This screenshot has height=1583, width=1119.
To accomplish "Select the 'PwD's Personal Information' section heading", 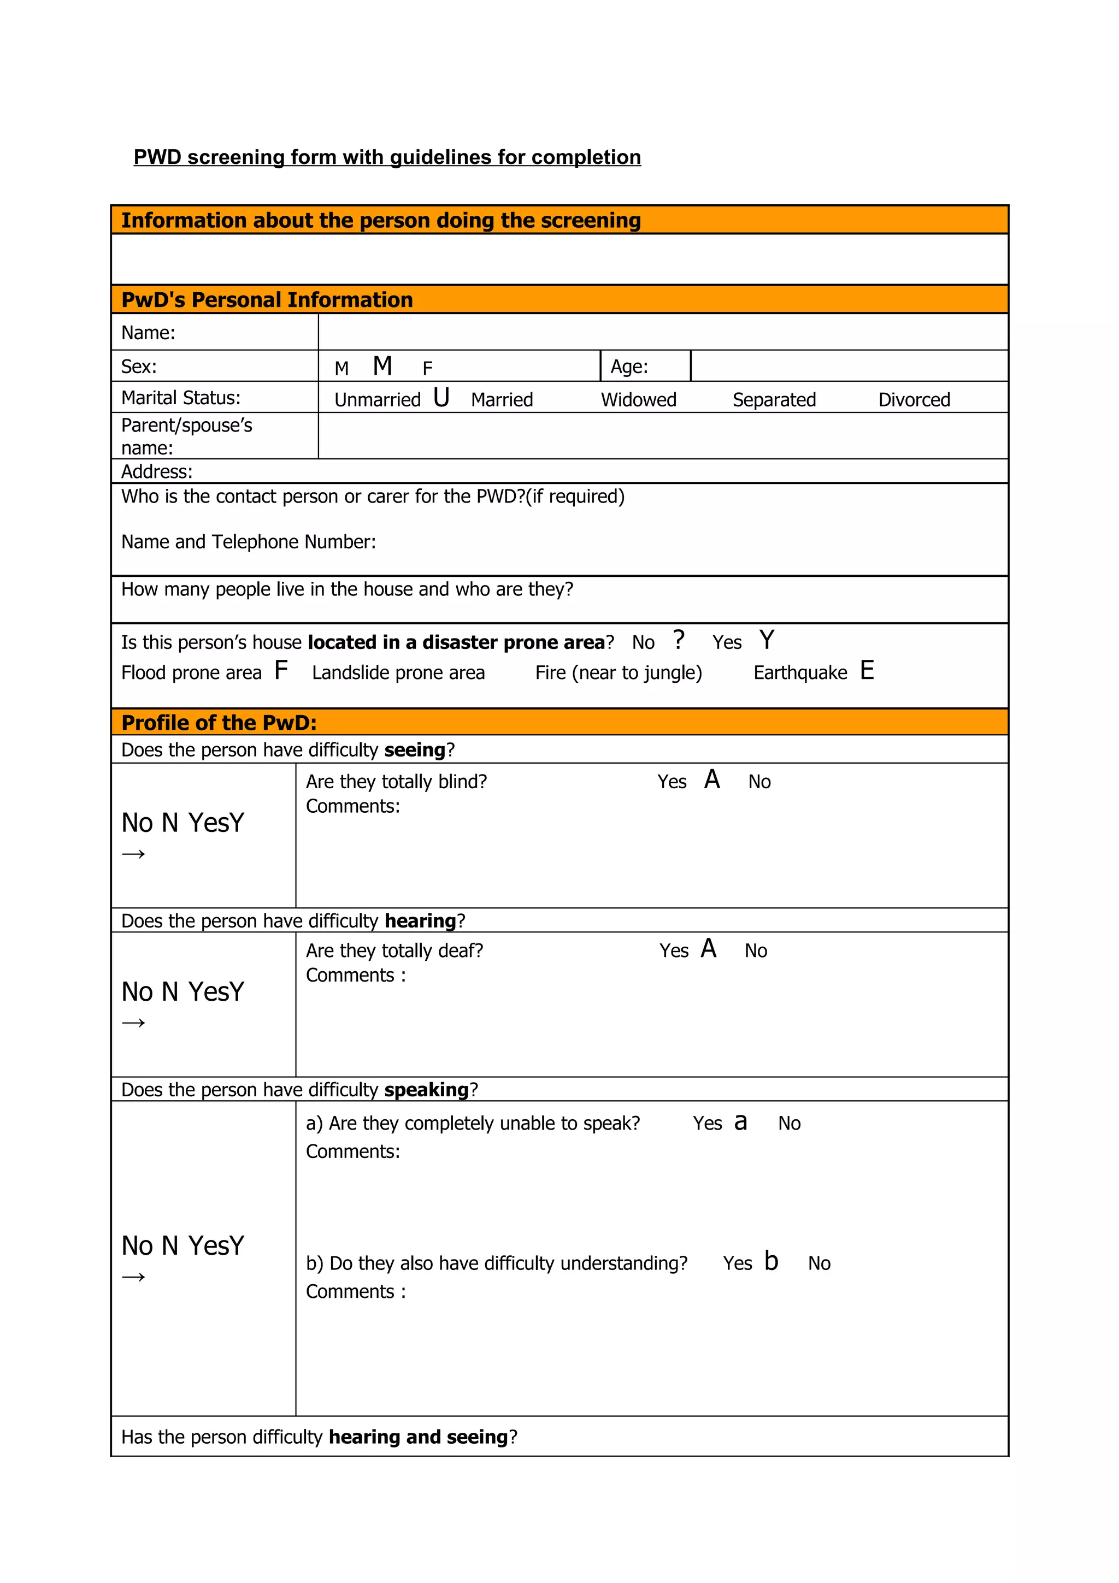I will (x=267, y=300).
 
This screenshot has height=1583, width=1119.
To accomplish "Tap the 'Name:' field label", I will (x=148, y=333).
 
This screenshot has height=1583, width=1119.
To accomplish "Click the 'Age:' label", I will (x=629, y=367).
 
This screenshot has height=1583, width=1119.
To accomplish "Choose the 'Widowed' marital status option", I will (x=638, y=400).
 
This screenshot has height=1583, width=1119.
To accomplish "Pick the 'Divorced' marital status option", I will (x=914, y=400).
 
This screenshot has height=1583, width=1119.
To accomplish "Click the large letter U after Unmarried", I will (x=441, y=398).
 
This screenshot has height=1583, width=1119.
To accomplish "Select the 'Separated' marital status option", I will (x=774, y=400).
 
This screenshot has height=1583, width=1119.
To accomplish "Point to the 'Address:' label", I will (x=156, y=471).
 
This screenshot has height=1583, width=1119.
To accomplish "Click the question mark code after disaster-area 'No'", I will (x=679, y=640).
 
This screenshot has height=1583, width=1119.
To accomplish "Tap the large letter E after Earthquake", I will (x=867, y=670).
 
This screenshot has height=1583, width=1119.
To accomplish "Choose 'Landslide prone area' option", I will (x=398, y=673).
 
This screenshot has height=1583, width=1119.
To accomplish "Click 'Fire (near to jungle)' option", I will (x=619, y=673).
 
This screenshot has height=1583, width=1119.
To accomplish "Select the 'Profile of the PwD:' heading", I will (x=219, y=723).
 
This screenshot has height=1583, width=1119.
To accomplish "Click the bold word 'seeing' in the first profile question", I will (x=414, y=750).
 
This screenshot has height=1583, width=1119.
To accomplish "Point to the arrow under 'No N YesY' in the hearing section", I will (x=134, y=1023).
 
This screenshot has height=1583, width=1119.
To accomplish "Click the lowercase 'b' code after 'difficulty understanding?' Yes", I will (x=771, y=1261).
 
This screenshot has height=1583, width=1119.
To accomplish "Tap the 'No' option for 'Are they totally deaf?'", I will (x=756, y=951).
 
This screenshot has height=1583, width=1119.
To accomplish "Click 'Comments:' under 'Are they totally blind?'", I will (x=352, y=806).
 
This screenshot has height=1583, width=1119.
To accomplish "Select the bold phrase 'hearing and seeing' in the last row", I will (x=418, y=1437).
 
